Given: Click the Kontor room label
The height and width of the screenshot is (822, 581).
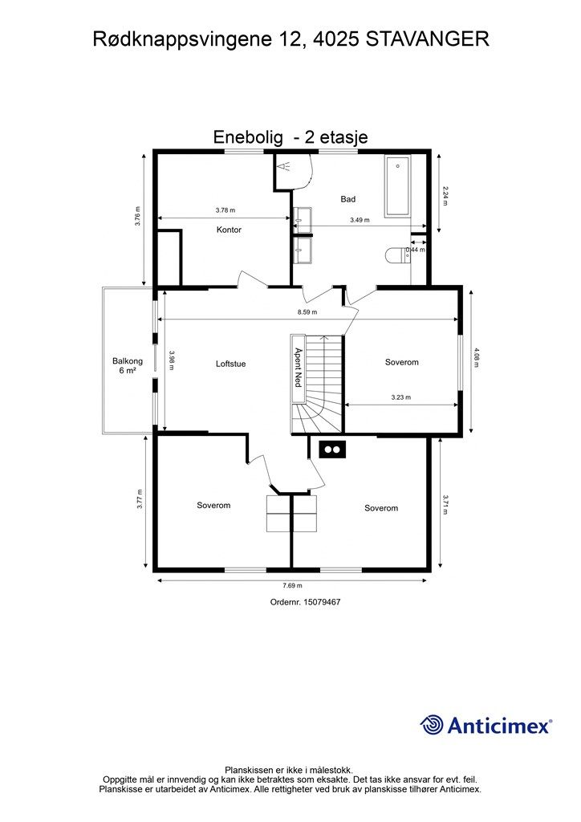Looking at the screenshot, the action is point(229,230).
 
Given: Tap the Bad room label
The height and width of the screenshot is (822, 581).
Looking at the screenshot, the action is point(347,199).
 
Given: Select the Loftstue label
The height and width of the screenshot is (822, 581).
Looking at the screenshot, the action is point(230,364).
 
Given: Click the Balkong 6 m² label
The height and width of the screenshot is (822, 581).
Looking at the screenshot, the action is point(128,365).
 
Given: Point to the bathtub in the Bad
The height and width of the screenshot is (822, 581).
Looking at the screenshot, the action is point(398,186).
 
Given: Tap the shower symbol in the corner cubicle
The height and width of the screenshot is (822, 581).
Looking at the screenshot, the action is point(285,167).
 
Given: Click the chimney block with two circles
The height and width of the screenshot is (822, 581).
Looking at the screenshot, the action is point(332,450).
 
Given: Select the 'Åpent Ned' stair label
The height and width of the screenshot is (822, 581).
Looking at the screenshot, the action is point(298,368).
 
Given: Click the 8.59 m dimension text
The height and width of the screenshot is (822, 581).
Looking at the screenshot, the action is point(307,312).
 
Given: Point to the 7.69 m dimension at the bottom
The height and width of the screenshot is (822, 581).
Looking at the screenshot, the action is point(292,586).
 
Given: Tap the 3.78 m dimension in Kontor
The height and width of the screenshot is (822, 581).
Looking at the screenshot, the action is point(225,211).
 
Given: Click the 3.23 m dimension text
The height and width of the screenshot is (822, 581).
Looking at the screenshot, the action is point(400,397).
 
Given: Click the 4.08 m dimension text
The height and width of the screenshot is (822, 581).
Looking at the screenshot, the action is point(476,357).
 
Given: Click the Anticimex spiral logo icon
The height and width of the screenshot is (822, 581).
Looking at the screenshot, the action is point(432,725).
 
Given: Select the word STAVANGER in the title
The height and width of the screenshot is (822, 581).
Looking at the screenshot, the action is point(428,39).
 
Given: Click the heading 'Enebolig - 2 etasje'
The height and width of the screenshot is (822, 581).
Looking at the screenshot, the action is point(290,137).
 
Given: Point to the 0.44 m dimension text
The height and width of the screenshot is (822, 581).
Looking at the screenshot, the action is point(416,250).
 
